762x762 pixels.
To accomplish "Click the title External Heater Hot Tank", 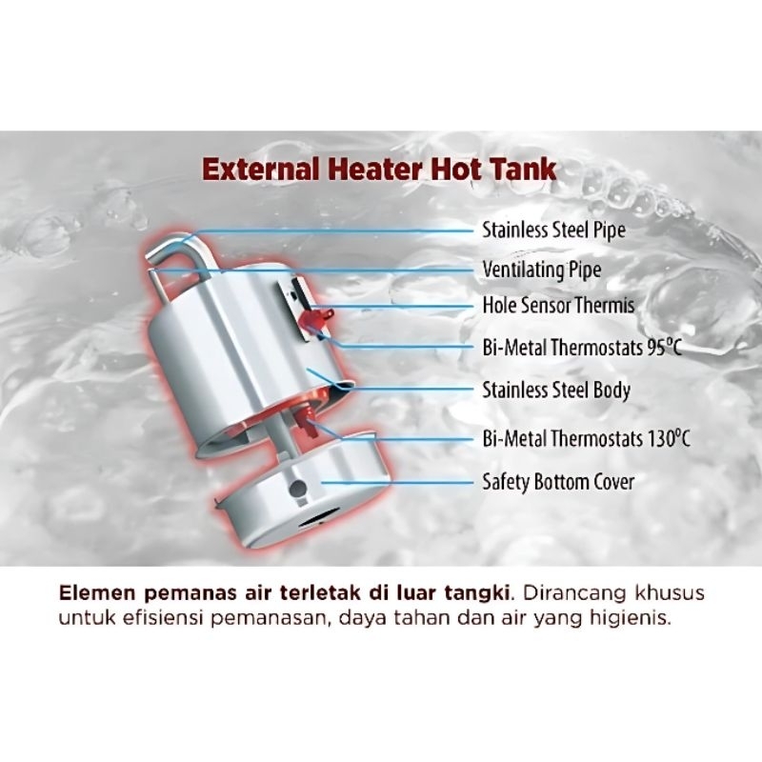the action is (379, 170).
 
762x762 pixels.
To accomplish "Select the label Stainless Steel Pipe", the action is (553, 230).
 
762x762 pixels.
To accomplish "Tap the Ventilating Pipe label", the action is (541, 270).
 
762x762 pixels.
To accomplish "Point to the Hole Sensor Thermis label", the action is (558, 306).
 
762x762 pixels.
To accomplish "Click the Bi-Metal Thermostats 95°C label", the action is (582, 348).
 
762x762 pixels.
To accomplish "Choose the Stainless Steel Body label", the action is (556, 391).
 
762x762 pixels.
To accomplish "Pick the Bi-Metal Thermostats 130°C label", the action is (586, 438).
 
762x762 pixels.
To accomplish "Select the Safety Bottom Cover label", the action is (558, 482).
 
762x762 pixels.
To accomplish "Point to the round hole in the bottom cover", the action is (297, 488).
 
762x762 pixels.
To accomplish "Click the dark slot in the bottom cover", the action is (319, 517).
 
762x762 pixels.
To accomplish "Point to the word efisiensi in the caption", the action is (163, 618).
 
